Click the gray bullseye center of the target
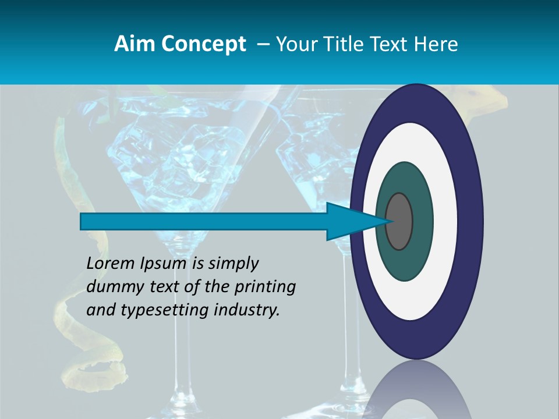tap(399, 221)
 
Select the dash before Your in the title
tap(263, 44)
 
